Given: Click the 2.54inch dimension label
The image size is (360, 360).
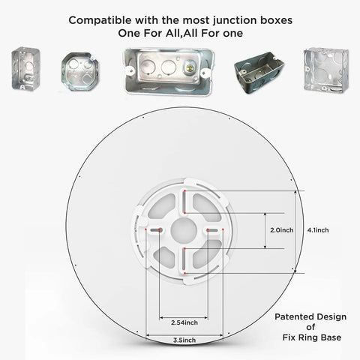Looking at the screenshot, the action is (x=184, y=322).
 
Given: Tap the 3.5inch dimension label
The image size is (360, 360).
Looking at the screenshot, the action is (x=184, y=340).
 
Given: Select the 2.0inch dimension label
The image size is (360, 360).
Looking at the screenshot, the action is (x=282, y=230).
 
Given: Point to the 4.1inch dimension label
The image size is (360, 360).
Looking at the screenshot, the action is (x=318, y=230).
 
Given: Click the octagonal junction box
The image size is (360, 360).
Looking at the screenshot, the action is (x=80, y=71).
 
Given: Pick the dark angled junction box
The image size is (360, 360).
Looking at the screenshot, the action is (x=259, y=73).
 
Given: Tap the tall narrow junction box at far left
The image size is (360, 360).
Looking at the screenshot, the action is (x=25, y=68).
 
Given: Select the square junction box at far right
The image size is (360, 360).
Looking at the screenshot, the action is (x=326, y=70).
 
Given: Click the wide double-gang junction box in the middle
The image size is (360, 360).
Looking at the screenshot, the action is (x=169, y=71).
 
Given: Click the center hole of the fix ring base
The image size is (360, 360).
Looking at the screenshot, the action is (x=184, y=230).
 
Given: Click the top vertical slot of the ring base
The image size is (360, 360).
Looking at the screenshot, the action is (x=184, y=202).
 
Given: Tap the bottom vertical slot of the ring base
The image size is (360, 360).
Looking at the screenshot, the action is (x=184, y=261).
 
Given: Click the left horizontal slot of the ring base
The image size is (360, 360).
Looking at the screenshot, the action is (x=156, y=230).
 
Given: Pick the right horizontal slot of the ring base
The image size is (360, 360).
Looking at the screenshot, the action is (x=212, y=230).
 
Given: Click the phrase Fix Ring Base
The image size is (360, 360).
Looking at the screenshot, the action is (x=312, y=337).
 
